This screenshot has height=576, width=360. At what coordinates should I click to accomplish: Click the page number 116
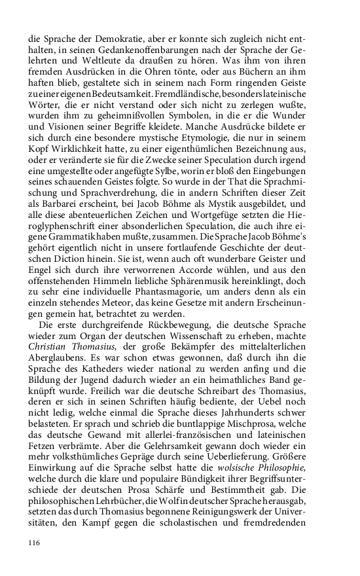tap(34, 543)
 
